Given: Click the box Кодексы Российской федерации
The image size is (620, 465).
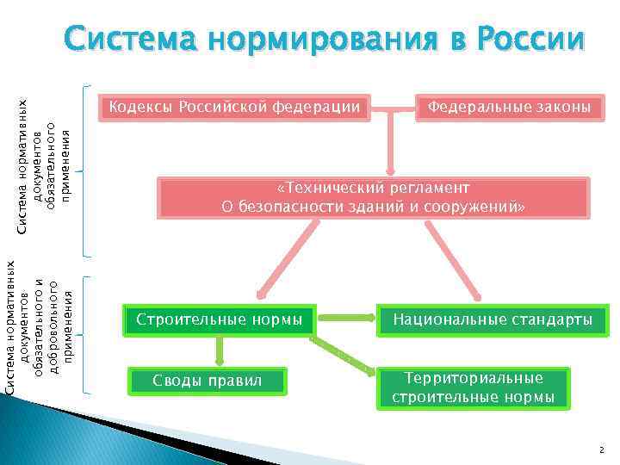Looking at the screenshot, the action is (233, 108).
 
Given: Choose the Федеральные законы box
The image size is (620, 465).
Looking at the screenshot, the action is (509, 108).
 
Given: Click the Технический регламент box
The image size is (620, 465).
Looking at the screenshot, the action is (374, 198).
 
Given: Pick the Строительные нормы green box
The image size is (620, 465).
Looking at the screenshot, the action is (220, 320).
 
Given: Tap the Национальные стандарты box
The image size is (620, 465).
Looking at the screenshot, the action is (493, 320).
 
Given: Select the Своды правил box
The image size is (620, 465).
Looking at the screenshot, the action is (206, 380).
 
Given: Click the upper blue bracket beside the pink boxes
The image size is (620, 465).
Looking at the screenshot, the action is (89, 171).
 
